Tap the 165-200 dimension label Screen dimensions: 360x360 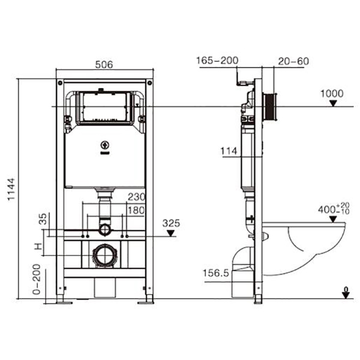coord(217,60)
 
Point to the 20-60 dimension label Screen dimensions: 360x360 coord(293,60)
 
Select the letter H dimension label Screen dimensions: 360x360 coord(38,247)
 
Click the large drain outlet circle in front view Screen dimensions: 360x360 coord(104,256)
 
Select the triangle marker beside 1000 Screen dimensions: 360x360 coord(332,103)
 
